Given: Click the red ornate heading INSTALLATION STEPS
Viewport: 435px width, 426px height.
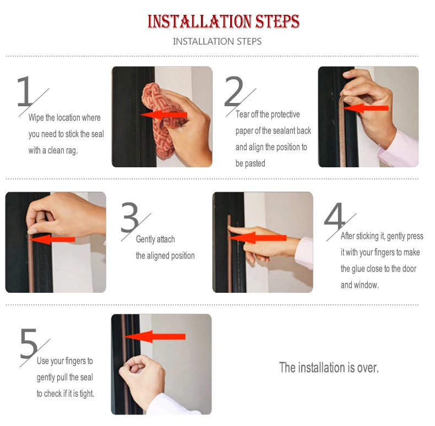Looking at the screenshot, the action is (224, 21).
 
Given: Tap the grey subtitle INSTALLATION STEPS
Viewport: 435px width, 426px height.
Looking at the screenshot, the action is (217, 41).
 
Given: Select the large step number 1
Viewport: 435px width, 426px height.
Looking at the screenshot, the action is (25, 91).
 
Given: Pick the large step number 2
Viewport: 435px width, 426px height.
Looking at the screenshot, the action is (233, 91).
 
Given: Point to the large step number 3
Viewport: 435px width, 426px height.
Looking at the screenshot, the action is (130, 217).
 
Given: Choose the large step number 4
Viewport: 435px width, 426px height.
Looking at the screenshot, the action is (335, 217).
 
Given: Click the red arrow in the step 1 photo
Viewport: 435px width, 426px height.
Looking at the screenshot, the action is (164, 115).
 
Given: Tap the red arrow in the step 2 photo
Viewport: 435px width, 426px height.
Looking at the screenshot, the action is (366, 108).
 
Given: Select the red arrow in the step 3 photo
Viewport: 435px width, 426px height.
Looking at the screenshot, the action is (52, 239).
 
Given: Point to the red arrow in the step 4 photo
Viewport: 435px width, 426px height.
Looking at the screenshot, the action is (258, 238).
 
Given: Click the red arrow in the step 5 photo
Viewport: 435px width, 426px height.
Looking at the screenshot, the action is (155, 336).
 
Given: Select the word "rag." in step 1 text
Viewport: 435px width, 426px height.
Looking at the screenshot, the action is (71, 151).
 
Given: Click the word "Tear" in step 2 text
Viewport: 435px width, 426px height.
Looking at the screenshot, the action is (242, 114).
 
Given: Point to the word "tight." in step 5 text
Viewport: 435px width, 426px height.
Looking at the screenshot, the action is (87, 394).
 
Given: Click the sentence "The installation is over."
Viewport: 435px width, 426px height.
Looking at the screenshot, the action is (329, 368).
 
